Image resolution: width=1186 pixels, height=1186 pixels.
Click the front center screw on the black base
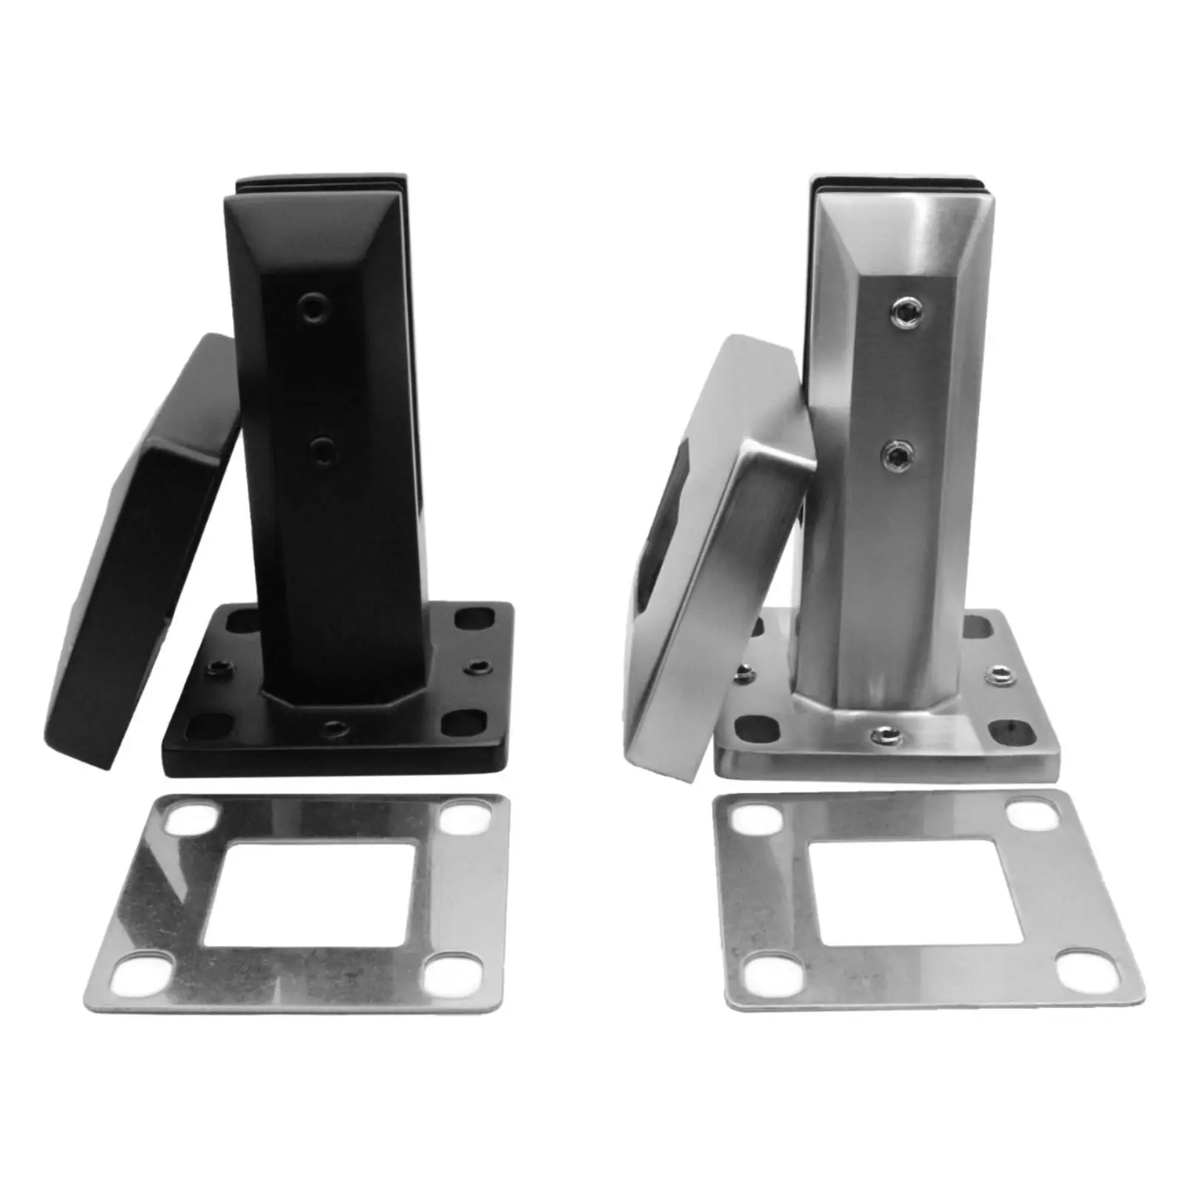coord(337,728)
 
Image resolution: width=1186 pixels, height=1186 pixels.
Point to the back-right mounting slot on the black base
coord(474,617)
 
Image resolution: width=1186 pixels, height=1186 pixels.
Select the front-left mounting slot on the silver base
coord(756,728)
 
